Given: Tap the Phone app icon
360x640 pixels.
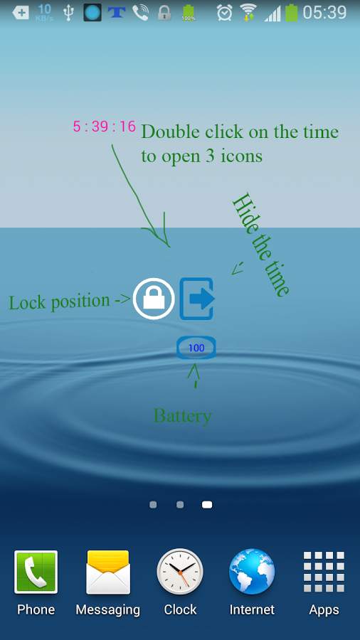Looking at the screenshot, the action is click(x=36, y=572).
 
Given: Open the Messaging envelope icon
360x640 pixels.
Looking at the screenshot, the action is click(x=108, y=572).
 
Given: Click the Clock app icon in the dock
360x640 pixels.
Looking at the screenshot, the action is click(x=180, y=572).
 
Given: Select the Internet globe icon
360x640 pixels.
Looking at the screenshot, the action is click(x=252, y=572).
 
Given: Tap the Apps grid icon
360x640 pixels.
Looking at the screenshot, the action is click(x=324, y=572).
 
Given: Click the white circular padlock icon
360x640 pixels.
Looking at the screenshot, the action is click(x=154, y=299).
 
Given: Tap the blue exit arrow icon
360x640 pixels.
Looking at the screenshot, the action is click(x=197, y=299).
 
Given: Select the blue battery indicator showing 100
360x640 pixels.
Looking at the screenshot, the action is click(x=196, y=348).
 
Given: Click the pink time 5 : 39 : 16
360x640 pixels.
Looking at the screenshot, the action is click(x=104, y=127).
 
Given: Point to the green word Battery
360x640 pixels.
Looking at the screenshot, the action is click(x=182, y=416).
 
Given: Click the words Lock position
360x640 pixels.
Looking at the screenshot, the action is click(x=60, y=302).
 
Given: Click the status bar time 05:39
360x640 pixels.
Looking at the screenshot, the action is click(x=324, y=12).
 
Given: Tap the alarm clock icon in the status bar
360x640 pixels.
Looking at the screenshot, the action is click(x=225, y=12).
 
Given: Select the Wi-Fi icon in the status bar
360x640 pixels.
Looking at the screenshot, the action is click(x=248, y=12).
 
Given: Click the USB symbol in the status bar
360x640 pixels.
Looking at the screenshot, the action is click(x=68, y=13).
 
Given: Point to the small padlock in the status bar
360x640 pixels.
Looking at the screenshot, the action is click(x=164, y=13).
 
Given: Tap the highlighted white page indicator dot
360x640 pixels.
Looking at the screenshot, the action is click(x=207, y=505).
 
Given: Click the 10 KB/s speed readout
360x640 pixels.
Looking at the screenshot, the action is click(x=44, y=12).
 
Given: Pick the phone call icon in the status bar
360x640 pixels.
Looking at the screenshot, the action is click(x=140, y=13).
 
